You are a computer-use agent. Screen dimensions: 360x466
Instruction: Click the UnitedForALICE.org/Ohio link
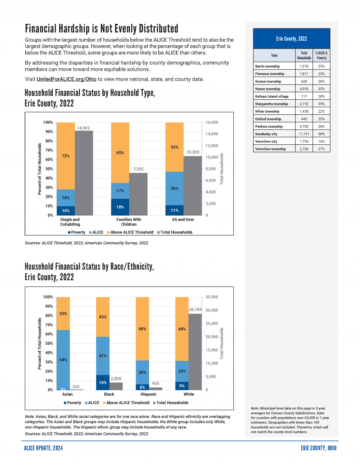66,79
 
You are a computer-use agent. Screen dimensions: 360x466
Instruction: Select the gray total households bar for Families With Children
138,194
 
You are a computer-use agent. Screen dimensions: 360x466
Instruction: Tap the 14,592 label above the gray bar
83,128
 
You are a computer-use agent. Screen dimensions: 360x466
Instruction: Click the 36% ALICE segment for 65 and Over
174,189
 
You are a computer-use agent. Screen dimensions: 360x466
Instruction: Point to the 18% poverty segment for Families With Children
120,207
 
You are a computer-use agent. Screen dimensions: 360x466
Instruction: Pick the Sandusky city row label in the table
266,134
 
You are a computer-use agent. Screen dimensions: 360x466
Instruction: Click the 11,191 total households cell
304,134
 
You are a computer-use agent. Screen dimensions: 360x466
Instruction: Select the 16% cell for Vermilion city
321,141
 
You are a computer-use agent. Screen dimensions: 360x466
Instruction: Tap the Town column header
274,55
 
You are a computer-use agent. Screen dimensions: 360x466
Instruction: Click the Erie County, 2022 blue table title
291,39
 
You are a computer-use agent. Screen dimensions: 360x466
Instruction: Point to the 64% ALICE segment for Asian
63,360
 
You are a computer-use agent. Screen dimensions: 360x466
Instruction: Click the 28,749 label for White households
195,310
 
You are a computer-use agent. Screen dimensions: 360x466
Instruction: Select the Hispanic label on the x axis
148,394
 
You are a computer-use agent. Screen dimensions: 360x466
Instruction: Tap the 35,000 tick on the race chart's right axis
212,297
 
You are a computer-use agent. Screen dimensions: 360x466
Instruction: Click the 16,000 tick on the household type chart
212,122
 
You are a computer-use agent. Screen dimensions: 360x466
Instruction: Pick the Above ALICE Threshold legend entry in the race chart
126,403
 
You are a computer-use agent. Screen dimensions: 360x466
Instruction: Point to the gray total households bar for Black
116,386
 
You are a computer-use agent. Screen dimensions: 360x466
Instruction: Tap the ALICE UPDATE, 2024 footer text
43,448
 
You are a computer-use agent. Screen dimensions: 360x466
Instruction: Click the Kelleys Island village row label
272,96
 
